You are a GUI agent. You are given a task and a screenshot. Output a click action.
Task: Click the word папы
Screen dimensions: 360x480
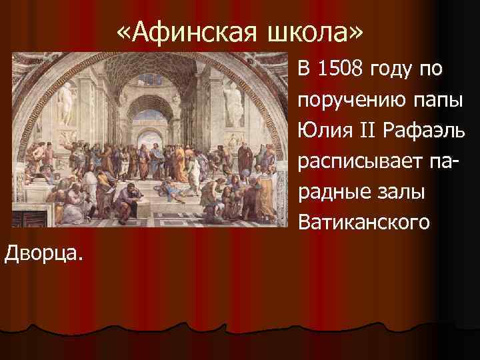[429, 100]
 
